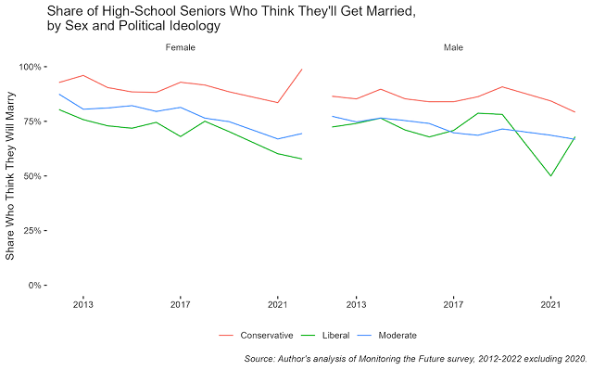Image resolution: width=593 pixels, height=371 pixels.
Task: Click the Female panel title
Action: (x=181, y=46)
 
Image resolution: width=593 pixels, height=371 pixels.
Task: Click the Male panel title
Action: (x=453, y=46)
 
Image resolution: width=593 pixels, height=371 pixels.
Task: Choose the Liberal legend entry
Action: (x=338, y=335)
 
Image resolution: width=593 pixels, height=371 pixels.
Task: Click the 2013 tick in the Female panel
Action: (x=83, y=304)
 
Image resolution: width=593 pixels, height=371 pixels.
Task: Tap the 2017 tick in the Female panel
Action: (x=181, y=304)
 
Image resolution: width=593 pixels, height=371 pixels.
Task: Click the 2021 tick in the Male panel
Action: (x=550, y=304)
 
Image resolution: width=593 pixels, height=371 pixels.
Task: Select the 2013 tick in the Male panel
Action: (x=356, y=304)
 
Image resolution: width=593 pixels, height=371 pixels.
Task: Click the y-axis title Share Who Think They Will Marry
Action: (x=10, y=176)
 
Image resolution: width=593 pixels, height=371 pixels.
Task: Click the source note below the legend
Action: (x=415, y=357)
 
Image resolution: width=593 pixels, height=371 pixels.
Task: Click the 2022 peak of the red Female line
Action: (x=302, y=70)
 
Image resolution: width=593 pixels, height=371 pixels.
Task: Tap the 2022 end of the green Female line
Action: (x=302, y=159)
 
